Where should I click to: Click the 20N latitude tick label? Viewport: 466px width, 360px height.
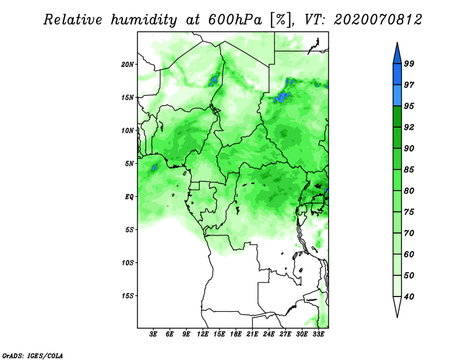coord(128,65)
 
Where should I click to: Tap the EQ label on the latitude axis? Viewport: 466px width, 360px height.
coord(129,197)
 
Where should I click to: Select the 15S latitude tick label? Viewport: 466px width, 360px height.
coord(128,296)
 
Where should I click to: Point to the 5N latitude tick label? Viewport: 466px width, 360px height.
coord(129,164)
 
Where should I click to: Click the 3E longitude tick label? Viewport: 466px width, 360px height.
coord(153,334)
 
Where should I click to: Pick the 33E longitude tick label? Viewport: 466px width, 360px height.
coord(318,334)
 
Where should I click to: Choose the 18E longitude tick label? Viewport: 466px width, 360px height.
coord(236,334)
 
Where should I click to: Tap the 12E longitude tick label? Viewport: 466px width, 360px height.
coord(203,334)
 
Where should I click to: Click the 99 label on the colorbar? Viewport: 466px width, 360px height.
coord(409,63)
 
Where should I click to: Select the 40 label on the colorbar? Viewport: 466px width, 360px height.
coord(409,297)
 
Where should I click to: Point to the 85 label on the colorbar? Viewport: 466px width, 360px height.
coord(409,170)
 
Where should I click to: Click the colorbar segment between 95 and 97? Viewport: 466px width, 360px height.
coord(397,96)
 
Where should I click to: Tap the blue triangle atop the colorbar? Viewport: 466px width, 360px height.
coord(397,55)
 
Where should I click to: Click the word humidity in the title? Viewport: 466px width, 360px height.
coord(144,20)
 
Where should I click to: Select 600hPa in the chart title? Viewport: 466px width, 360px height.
coord(235,20)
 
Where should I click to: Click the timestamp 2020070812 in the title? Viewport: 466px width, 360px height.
coord(377,20)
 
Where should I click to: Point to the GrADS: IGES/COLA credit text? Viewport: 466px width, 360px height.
coord(33,355)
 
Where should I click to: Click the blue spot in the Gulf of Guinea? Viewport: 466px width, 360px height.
coord(154,168)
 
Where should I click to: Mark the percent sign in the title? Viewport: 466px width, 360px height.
coord(281,20)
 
